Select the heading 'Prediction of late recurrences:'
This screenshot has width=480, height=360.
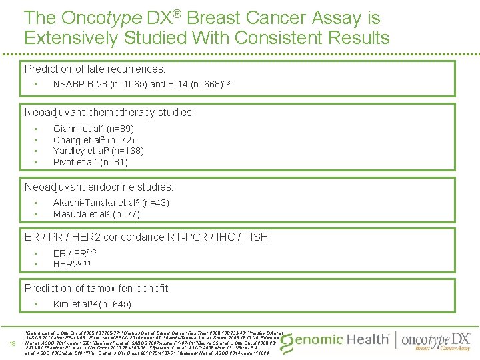pos(95,69)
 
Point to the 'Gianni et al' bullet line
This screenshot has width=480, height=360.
pos(93,129)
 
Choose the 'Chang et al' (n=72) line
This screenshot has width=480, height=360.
pos(93,140)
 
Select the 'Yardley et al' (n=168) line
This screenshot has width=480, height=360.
pos(98,151)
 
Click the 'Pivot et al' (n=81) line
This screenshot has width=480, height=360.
pos(91,162)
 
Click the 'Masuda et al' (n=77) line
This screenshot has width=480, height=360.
pos(96,214)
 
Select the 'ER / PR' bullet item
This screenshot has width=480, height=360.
pos(71,253)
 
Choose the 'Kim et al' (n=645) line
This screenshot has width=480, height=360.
pos(92,305)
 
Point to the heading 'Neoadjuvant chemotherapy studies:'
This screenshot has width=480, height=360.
pos(109,113)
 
